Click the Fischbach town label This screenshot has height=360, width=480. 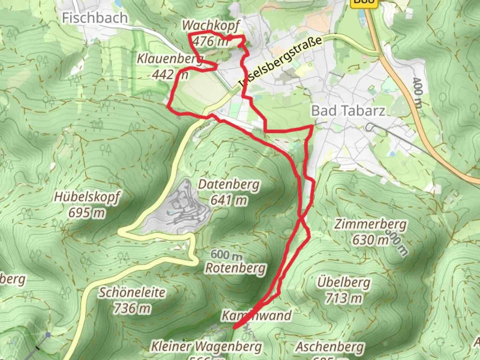pos(95,18)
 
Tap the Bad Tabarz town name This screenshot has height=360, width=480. pos(348,111)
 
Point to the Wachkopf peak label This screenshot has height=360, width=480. pos(211,25)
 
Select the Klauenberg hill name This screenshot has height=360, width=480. pos(170,59)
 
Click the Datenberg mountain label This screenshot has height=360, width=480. pos(229,184)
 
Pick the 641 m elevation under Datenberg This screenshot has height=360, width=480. pos(229,200)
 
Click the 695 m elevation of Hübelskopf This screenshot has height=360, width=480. pos(87,212)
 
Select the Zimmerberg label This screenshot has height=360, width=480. pos(370,224)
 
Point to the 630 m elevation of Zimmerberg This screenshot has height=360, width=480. pos(370,240)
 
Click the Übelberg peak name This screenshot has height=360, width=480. pos(344,282)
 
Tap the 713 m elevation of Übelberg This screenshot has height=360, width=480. pos(344,298)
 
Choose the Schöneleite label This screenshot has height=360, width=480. pos(132,292)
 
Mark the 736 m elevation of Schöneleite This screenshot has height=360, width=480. pos(132,308)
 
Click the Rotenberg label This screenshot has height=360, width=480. pos(236,268)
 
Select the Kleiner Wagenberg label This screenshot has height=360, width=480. pos(207,346)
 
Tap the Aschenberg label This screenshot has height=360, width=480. pos(330,347)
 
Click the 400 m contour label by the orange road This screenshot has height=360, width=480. pos(417,93)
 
